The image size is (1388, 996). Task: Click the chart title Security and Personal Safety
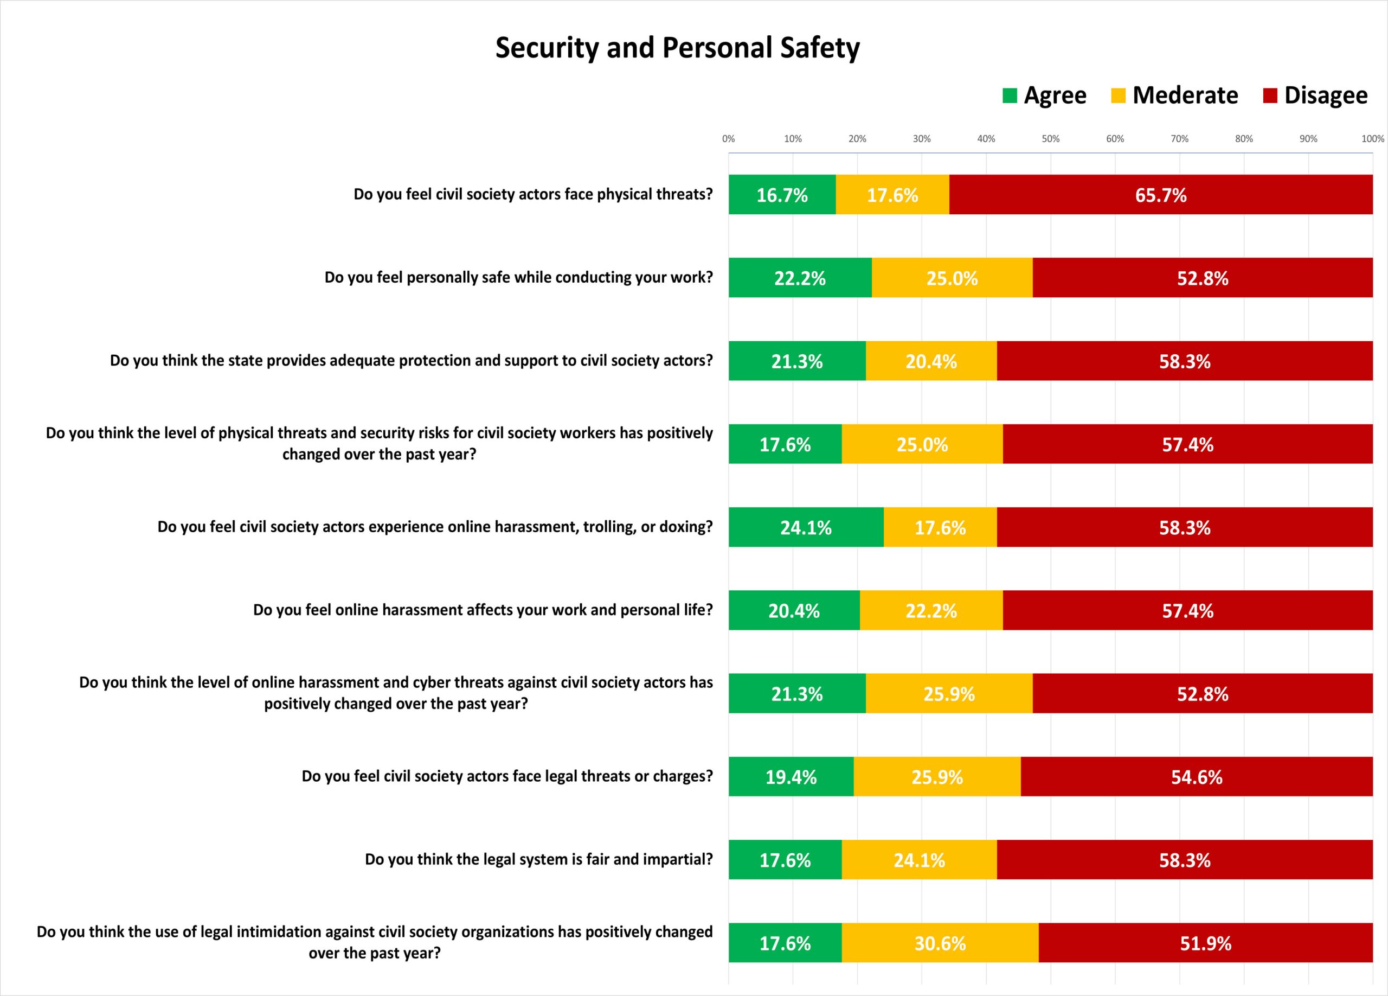pyautogui.click(x=678, y=48)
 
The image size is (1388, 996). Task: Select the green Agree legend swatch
pyautogui.click(x=1010, y=96)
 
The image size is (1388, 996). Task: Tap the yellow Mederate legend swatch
pyautogui.click(x=1118, y=96)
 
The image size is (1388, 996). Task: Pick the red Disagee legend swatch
pyautogui.click(x=1270, y=96)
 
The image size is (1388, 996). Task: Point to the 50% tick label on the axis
pyautogui.click(x=1051, y=139)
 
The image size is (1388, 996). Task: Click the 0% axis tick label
pyautogui.click(x=728, y=139)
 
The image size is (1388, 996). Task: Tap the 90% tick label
pyautogui.click(x=1308, y=139)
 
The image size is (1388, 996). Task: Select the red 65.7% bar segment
pyautogui.click(x=1161, y=195)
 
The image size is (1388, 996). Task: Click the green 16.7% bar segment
pyautogui.click(x=782, y=195)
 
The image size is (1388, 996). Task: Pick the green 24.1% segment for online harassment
pyautogui.click(x=806, y=527)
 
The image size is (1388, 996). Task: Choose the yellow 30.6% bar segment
pyautogui.click(x=940, y=943)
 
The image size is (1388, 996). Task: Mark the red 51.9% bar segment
pyautogui.click(x=1206, y=943)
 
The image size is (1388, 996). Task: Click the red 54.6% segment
pyautogui.click(x=1197, y=776)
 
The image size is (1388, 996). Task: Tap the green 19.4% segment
pyautogui.click(x=791, y=776)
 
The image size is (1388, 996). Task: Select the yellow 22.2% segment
pyautogui.click(x=931, y=610)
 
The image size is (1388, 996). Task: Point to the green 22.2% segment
pyautogui.click(x=800, y=278)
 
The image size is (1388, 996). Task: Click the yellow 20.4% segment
pyautogui.click(x=931, y=361)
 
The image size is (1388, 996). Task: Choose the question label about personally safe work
pyautogui.click(x=519, y=278)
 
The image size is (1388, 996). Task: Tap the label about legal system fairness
pyautogui.click(x=539, y=859)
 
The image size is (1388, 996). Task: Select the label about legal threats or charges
pyautogui.click(x=507, y=776)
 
